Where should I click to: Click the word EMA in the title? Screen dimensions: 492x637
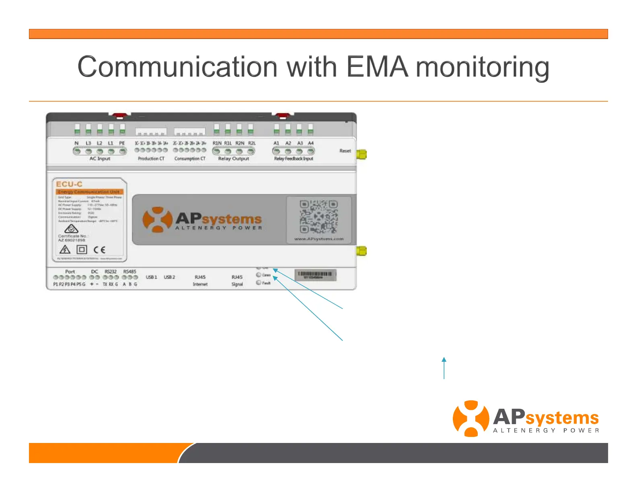click(377, 67)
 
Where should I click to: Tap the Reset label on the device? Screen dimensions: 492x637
click(345, 151)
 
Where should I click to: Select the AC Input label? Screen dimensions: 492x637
click(100, 159)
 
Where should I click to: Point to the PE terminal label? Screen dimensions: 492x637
click(122, 143)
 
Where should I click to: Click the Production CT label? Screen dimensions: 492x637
click(151, 159)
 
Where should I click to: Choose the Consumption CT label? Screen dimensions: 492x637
click(190, 159)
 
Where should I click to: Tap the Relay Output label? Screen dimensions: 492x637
click(233, 159)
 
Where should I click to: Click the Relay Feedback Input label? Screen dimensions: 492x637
click(294, 159)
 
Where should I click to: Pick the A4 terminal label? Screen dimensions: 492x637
click(311, 143)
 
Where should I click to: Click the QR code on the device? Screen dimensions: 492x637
click(318, 217)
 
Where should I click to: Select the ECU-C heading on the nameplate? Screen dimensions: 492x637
click(69, 184)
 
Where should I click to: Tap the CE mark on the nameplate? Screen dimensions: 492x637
click(99, 250)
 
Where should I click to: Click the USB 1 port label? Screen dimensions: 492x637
click(151, 277)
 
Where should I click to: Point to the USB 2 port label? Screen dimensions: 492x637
click(169, 277)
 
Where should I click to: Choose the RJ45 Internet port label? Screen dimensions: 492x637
click(200, 281)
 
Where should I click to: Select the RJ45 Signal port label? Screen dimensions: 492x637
click(237, 281)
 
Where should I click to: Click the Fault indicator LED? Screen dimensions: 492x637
click(259, 283)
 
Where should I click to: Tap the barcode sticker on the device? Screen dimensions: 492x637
click(315, 275)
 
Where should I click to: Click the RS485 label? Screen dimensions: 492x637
click(129, 272)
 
